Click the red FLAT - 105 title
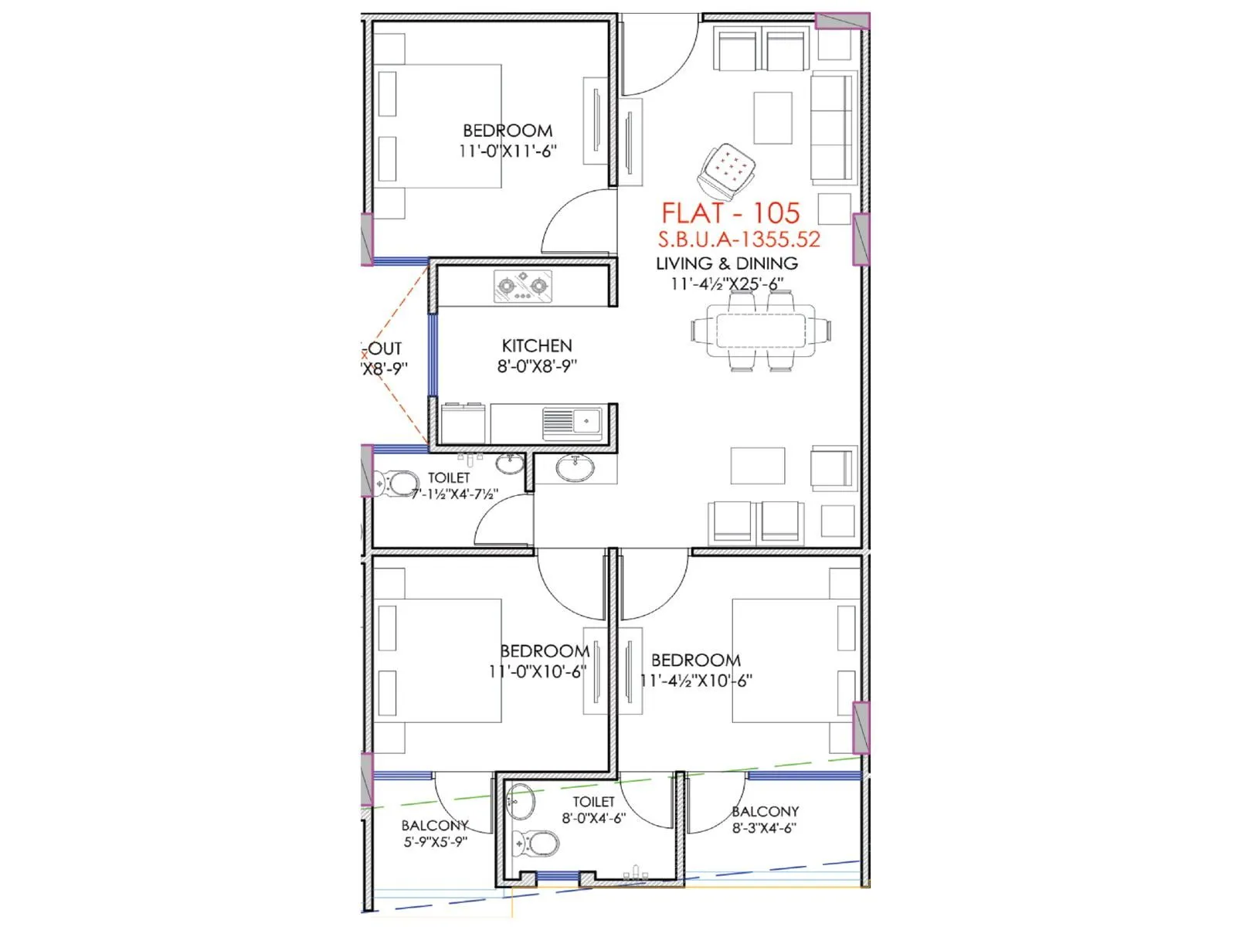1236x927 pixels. [x=730, y=213]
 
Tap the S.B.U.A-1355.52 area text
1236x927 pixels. [x=739, y=239]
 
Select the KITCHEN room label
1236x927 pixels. [x=537, y=346]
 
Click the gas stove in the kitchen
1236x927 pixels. [x=523, y=287]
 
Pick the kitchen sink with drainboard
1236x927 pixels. [x=572, y=423]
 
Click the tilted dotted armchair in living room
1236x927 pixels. [x=726, y=169]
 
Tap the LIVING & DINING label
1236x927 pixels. [x=727, y=263]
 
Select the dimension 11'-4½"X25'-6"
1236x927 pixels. [x=727, y=284]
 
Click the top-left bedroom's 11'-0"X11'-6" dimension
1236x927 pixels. [x=508, y=151]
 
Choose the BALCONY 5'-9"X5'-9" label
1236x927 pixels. [x=435, y=834]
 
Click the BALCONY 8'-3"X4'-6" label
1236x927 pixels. [x=765, y=819]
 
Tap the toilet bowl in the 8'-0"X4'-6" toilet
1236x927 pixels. [x=538, y=843]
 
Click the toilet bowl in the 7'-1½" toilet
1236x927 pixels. [x=399, y=484]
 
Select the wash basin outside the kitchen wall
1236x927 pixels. [x=575, y=468]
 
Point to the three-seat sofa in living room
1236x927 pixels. [x=833, y=128]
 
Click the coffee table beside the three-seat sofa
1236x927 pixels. [x=772, y=117]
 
